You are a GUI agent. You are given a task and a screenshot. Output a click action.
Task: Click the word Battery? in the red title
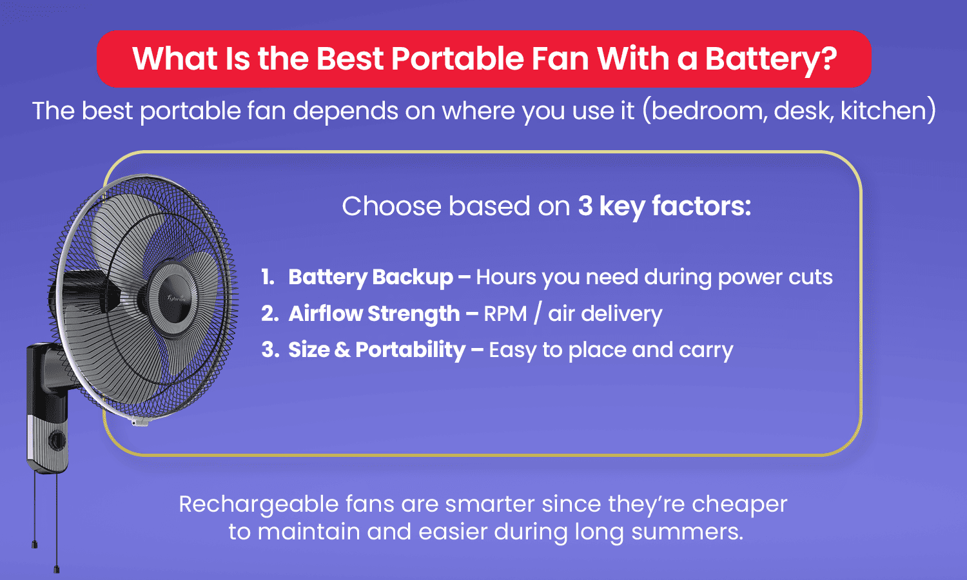(770, 59)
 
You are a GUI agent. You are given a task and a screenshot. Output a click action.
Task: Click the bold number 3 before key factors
(585, 206)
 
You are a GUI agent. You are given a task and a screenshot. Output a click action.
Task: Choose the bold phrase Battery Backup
(371, 277)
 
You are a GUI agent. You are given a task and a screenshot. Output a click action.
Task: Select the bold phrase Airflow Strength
(374, 314)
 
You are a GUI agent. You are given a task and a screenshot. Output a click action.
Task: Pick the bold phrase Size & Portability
(376, 350)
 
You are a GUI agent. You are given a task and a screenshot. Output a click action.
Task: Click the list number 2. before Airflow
(269, 314)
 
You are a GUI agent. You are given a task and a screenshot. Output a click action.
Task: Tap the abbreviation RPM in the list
(505, 314)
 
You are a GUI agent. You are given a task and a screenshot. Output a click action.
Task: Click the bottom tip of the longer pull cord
(57, 569)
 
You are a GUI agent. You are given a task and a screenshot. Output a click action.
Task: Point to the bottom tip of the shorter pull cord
(34, 545)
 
